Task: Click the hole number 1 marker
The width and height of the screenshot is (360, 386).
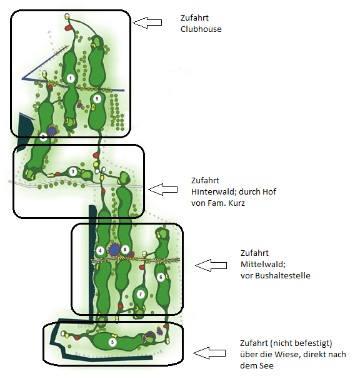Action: tap(71, 78)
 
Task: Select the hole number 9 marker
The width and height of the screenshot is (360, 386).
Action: tap(96, 99)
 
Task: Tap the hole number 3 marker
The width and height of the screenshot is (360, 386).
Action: tap(73, 171)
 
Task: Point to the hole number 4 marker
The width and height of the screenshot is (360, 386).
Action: tap(100, 251)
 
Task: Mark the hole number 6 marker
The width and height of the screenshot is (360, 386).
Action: tap(161, 277)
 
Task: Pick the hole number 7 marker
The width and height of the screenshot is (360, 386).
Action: tap(141, 294)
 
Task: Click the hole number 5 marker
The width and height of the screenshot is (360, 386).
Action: tap(112, 342)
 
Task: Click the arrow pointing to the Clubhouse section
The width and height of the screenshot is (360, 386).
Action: tap(148, 23)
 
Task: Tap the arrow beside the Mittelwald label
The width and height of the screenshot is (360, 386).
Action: tap(210, 265)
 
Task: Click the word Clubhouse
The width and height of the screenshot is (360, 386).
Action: tap(201, 29)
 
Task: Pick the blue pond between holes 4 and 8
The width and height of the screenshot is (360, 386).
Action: tap(114, 250)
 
